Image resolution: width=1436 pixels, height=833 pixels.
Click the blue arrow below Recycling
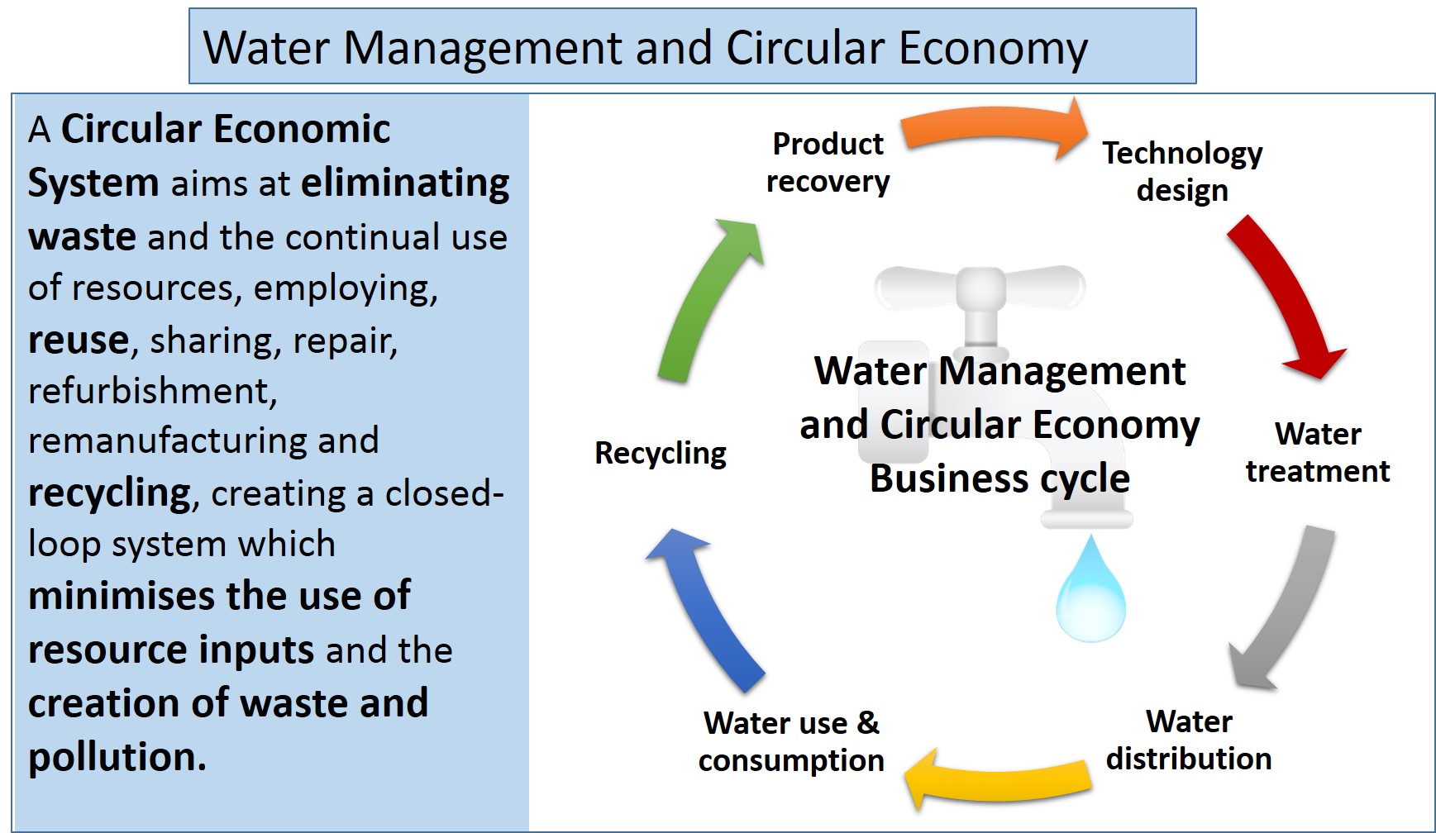pos(711,612)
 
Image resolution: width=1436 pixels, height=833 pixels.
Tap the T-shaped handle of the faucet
pos(980,289)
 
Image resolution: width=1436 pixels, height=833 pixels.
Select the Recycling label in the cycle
pos(660,453)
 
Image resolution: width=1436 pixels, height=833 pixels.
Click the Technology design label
pos(1182,171)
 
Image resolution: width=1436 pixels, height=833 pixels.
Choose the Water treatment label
pos(1317,452)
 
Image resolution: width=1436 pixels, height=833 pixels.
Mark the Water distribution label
pos(1189,740)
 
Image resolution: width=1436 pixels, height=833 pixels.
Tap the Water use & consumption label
pos(791,741)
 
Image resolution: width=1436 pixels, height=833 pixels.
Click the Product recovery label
pos(828,162)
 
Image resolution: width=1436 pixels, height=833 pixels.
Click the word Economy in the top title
pos(993,48)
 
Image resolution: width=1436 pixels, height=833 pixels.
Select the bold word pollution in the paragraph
pos(116,756)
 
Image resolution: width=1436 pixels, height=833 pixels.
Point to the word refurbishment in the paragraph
pos(151,390)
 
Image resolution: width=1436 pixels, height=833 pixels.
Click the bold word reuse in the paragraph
pos(79,340)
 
